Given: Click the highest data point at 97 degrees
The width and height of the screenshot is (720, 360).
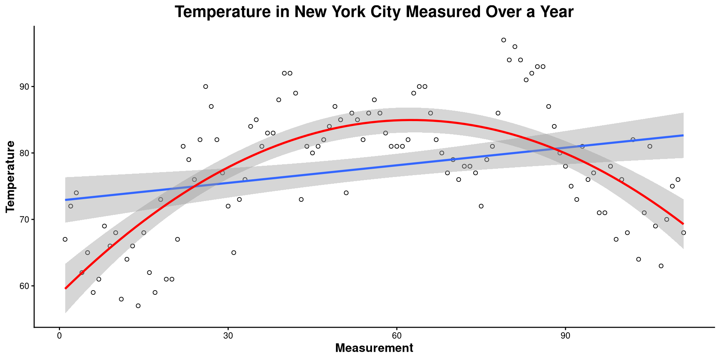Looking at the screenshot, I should pyautogui.click(x=504, y=40).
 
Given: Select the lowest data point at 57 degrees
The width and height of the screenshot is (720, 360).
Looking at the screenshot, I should pyautogui.click(x=138, y=306).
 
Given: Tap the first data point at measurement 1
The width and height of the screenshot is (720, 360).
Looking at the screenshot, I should pyautogui.click(x=65, y=239).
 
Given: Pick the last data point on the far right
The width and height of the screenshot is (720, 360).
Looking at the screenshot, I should pyautogui.click(x=684, y=233).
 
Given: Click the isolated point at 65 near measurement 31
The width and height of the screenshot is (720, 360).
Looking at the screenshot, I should pyautogui.click(x=234, y=253).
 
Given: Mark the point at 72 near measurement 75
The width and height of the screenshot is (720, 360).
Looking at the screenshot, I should pyautogui.click(x=481, y=206).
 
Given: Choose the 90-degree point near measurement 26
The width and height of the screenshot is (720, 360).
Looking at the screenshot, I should pyautogui.click(x=205, y=87).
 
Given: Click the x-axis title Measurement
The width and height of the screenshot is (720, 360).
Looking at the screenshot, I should pyautogui.click(x=374, y=348).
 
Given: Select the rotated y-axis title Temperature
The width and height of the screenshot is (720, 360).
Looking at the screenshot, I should pyautogui.click(x=10, y=177).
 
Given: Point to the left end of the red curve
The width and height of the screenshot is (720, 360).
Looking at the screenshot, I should pyautogui.click(x=66, y=288).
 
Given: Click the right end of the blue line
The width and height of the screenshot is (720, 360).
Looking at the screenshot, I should pyautogui.click(x=683, y=135).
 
